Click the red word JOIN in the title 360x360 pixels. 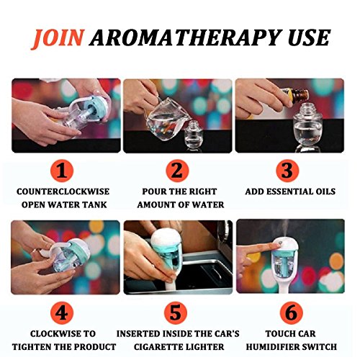pyautogui.click(x=58, y=39)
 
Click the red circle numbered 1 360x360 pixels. pyautogui.click(x=62, y=171)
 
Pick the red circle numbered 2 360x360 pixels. pyautogui.click(x=177, y=171)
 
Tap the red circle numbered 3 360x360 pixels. pyautogui.click(x=287, y=171)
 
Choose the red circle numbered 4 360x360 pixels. pyautogui.click(x=62, y=312)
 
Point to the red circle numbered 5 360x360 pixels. pyautogui.click(x=176, y=312)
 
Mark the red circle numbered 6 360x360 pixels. pyautogui.click(x=292, y=312)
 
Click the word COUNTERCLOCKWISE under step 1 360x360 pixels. pyautogui.click(x=63, y=192)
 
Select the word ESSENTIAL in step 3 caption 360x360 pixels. pyautogui.click(x=290, y=192)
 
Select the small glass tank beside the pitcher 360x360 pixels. pyautogui.click(x=194, y=135)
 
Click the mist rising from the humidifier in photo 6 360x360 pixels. pyautogui.click(x=286, y=228)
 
